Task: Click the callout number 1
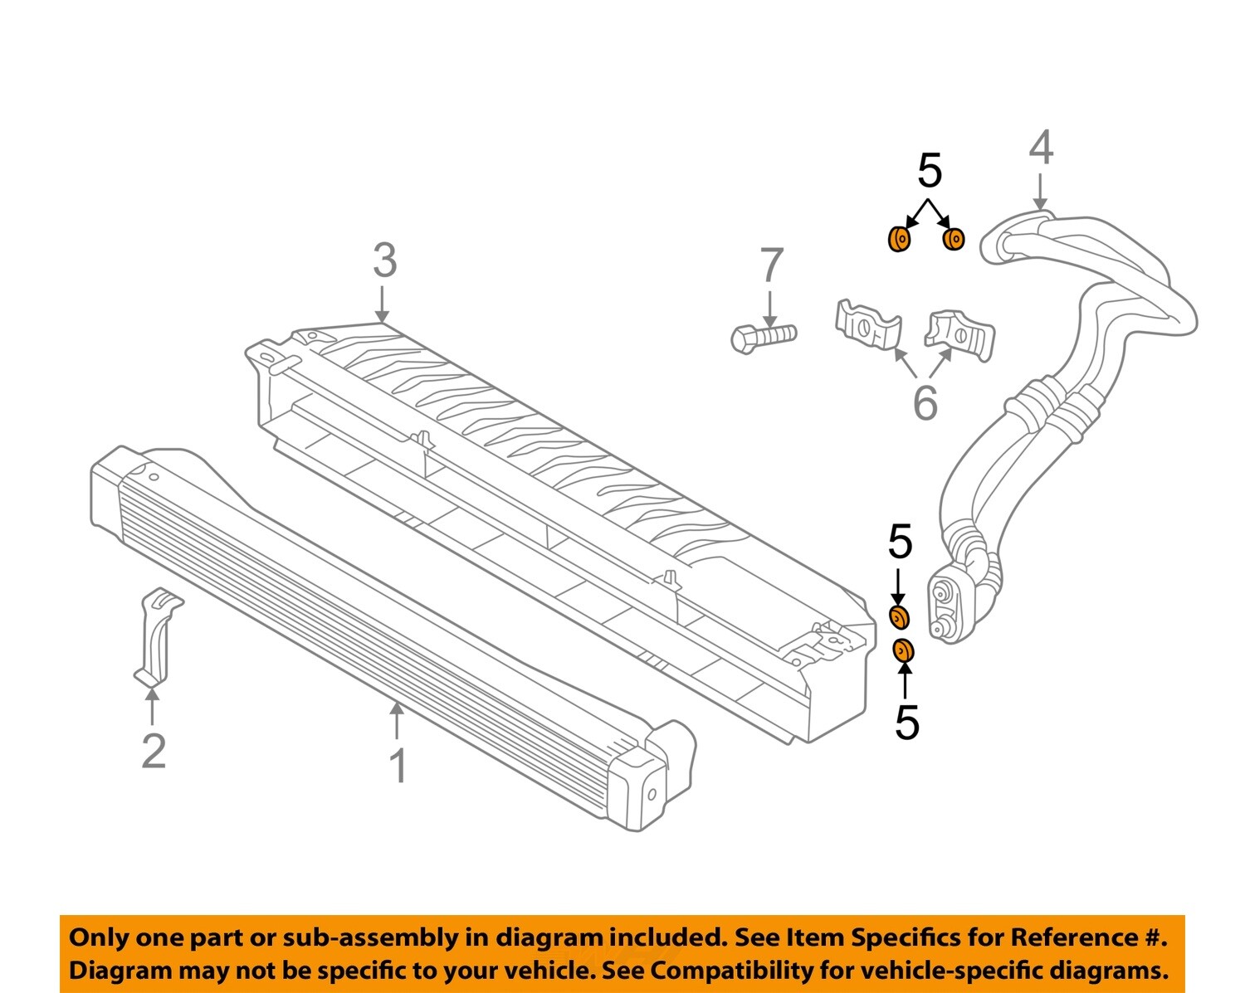pyautogui.click(x=398, y=766)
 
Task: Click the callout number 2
pyautogui.click(x=154, y=751)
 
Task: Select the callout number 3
pyautogui.click(x=384, y=260)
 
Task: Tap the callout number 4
pyautogui.click(x=1041, y=148)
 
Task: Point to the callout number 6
pyautogui.click(x=925, y=403)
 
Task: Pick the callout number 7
pyautogui.click(x=771, y=265)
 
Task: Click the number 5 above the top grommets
pyautogui.click(x=930, y=171)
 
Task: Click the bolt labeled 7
pyautogui.click(x=763, y=336)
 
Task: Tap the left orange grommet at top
pyautogui.click(x=899, y=240)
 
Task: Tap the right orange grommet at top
pyautogui.click(x=954, y=239)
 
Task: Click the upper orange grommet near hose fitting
pyautogui.click(x=898, y=617)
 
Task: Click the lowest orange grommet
pyautogui.click(x=903, y=651)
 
